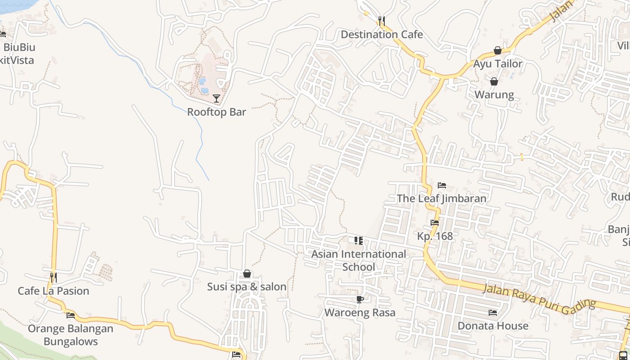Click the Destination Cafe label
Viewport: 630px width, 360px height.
382,35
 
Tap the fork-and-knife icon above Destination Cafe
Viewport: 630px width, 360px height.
382,21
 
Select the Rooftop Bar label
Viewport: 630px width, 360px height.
216,112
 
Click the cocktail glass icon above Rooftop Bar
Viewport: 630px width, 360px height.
216,99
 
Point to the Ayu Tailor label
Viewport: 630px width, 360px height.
497,64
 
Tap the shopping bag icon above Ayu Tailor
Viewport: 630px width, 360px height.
498,50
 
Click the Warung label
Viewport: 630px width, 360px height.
494,94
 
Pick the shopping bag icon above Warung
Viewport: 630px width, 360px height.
494,81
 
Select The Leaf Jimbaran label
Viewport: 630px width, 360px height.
441,198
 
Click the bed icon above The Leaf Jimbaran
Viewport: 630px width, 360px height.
442,185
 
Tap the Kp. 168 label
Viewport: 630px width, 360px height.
435,236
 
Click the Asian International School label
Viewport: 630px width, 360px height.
359,261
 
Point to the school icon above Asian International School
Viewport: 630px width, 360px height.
359,241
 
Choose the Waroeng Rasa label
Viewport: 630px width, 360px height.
360,313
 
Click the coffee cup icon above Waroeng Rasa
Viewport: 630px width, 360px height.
360,300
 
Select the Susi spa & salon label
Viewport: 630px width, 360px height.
247,287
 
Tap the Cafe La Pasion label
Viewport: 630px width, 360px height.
54,291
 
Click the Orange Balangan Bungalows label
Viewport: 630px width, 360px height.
71,335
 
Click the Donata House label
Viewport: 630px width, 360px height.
493,326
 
